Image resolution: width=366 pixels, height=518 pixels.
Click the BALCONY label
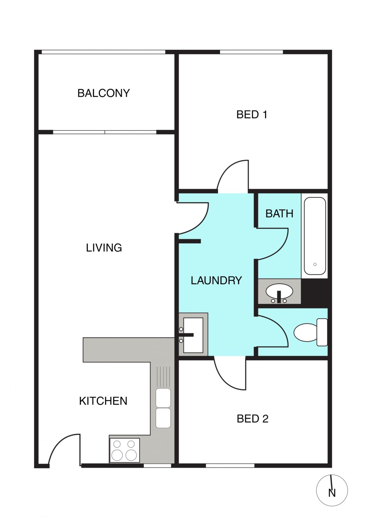click(104, 93)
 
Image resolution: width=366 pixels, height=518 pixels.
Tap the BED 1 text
click(252, 115)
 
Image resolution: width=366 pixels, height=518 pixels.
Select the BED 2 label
click(252, 419)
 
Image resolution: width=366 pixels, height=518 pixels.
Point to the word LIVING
click(104, 247)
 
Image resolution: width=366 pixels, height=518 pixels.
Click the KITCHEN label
click(103, 401)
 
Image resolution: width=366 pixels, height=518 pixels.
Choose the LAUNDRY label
click(216, 280)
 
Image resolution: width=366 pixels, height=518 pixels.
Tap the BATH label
click(279, 214)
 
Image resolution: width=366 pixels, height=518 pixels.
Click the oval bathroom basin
click(279, 292)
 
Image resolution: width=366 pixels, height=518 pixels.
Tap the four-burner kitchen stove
click(124, 450)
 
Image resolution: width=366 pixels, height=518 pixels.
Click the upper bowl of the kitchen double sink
click(163, 397)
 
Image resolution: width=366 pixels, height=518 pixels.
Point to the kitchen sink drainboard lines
click(163, 376)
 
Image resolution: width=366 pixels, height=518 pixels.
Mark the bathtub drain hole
click(315, 264)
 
